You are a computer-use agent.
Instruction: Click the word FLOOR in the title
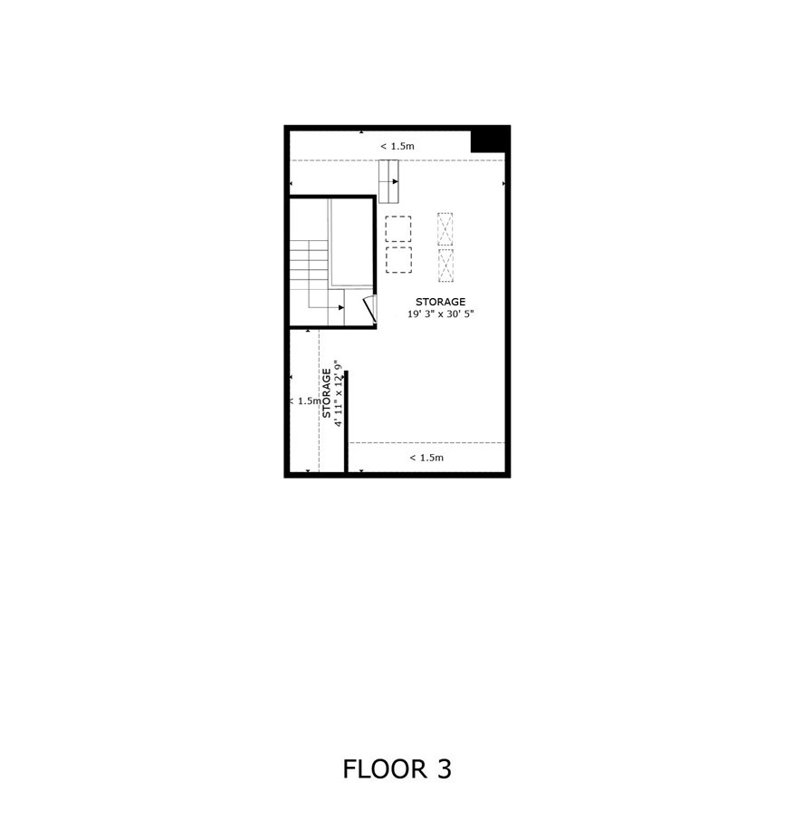pyautogui.click(x=385, y=769)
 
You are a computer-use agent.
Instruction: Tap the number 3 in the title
pyautogui.click(x=444, y=769)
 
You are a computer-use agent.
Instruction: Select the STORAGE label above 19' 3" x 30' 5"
pyautogui.click(x=440, y=302)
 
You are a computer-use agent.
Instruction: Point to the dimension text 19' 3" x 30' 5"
pyautogui.click(x=440, y=314)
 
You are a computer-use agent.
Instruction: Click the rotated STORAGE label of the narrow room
pyautogui.click(x=326, y=393)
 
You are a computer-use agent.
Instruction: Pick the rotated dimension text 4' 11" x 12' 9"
pyautogui.click(x=339, y=393)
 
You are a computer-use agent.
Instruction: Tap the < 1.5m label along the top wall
pyautogui.click(x=397, y=146)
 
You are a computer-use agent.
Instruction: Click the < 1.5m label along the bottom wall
pyautogui.click(x=426, y=458)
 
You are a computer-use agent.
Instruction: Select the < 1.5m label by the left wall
pyautogui.click(x=305, y=401)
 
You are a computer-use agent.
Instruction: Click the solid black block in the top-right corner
pyautogui.click(x=491, y=140)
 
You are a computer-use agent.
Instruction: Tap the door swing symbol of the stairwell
pyautogui.click(x=371, y=309)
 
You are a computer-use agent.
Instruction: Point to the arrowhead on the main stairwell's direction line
pyautogui.click(x=341, y=307)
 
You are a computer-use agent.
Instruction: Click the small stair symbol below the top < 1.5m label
pyautogui.click(x=388, y=181)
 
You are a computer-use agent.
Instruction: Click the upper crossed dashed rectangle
pyautogui.click(x=445, y=229)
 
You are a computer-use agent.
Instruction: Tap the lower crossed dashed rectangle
pyautogui.click(x=445, y=266)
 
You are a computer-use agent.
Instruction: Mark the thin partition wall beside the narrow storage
pyautogui.click(x=346, y=421)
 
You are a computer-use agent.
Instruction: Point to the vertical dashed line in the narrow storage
pyautogui.click(x=319, y=401)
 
